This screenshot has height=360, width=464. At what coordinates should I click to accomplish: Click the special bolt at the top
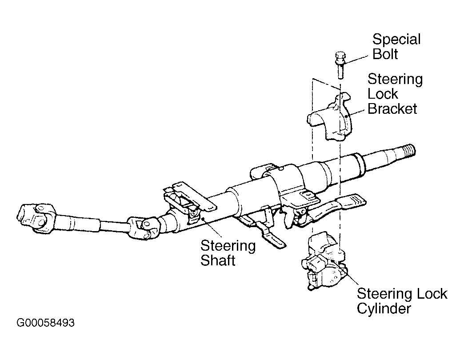click(x=341, y=64)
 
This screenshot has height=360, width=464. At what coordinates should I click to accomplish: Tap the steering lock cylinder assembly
click(x=324, y=261)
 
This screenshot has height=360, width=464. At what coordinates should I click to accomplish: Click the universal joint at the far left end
click(x=36, y=217)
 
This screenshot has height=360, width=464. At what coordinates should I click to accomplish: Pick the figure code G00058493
click(x=46, y=323)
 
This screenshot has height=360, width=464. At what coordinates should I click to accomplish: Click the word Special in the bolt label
click(x=396, y=40)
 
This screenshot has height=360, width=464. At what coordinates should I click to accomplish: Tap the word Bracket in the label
click(x=392, y=109)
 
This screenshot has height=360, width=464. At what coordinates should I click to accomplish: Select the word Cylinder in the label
click(x=384, y=308)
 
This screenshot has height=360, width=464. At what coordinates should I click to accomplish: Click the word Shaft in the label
click(x=218, y=260)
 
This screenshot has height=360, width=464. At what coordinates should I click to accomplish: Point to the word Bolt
click(x=385, y=54)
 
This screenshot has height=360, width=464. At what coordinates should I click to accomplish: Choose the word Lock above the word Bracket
click(x=383, y=94)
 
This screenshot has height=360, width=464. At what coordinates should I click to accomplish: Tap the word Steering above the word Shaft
click(x=228, y=246)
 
